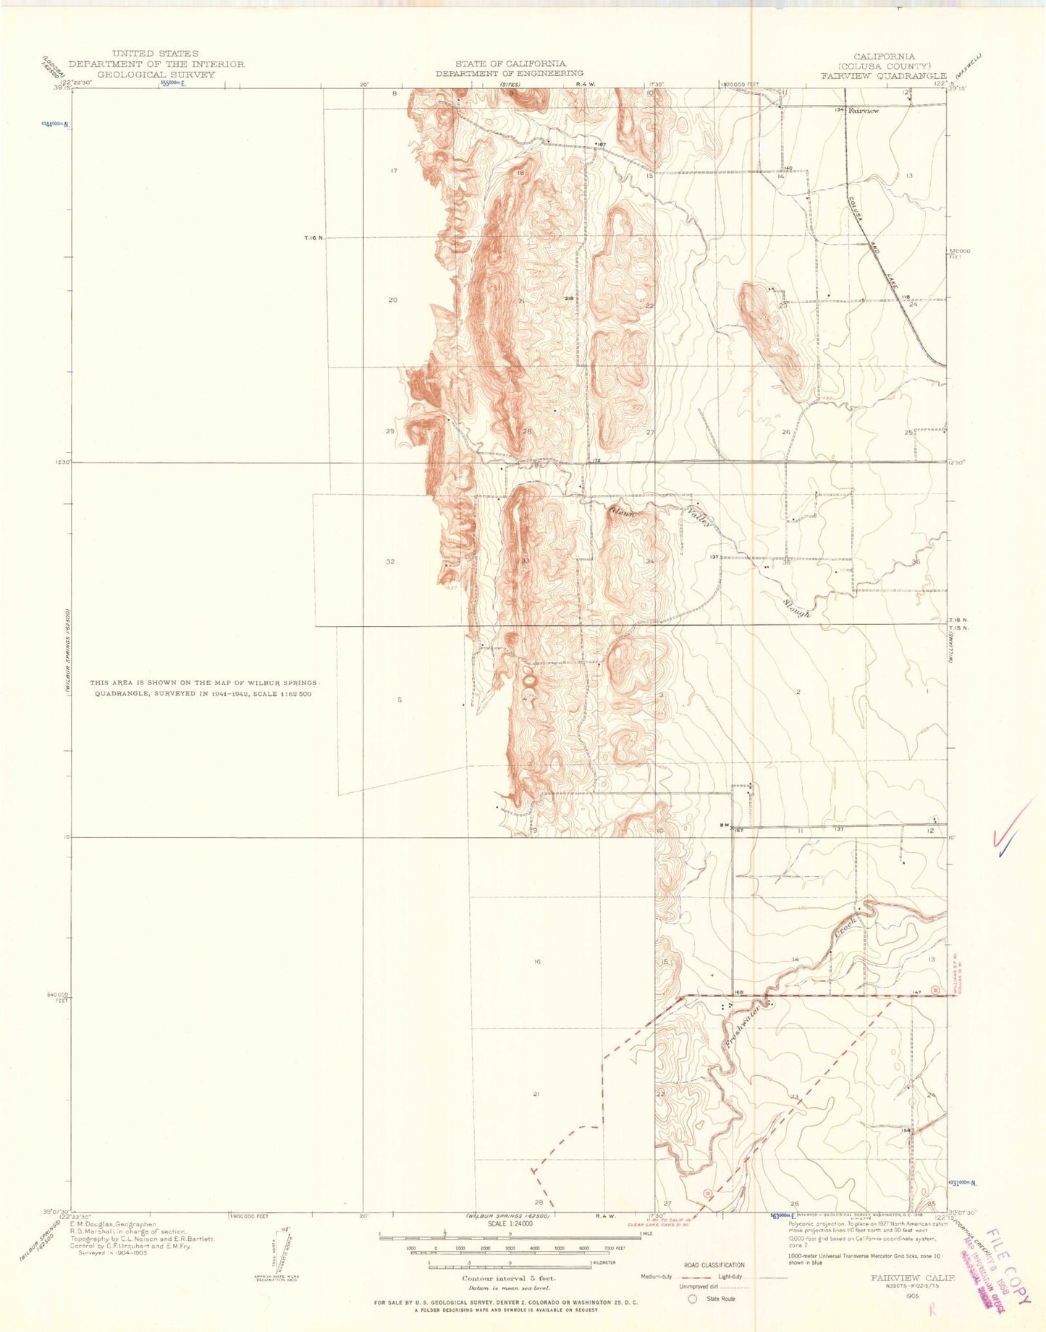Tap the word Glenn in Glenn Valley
point(622,513)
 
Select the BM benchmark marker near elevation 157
point(723,826)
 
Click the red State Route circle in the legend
point(692,1299)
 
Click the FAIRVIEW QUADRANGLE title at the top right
point(883,75)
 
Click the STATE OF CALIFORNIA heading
point(510,64)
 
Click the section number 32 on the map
point(390,561)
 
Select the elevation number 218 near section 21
point(569,299)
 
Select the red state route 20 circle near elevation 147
point(935,990)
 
